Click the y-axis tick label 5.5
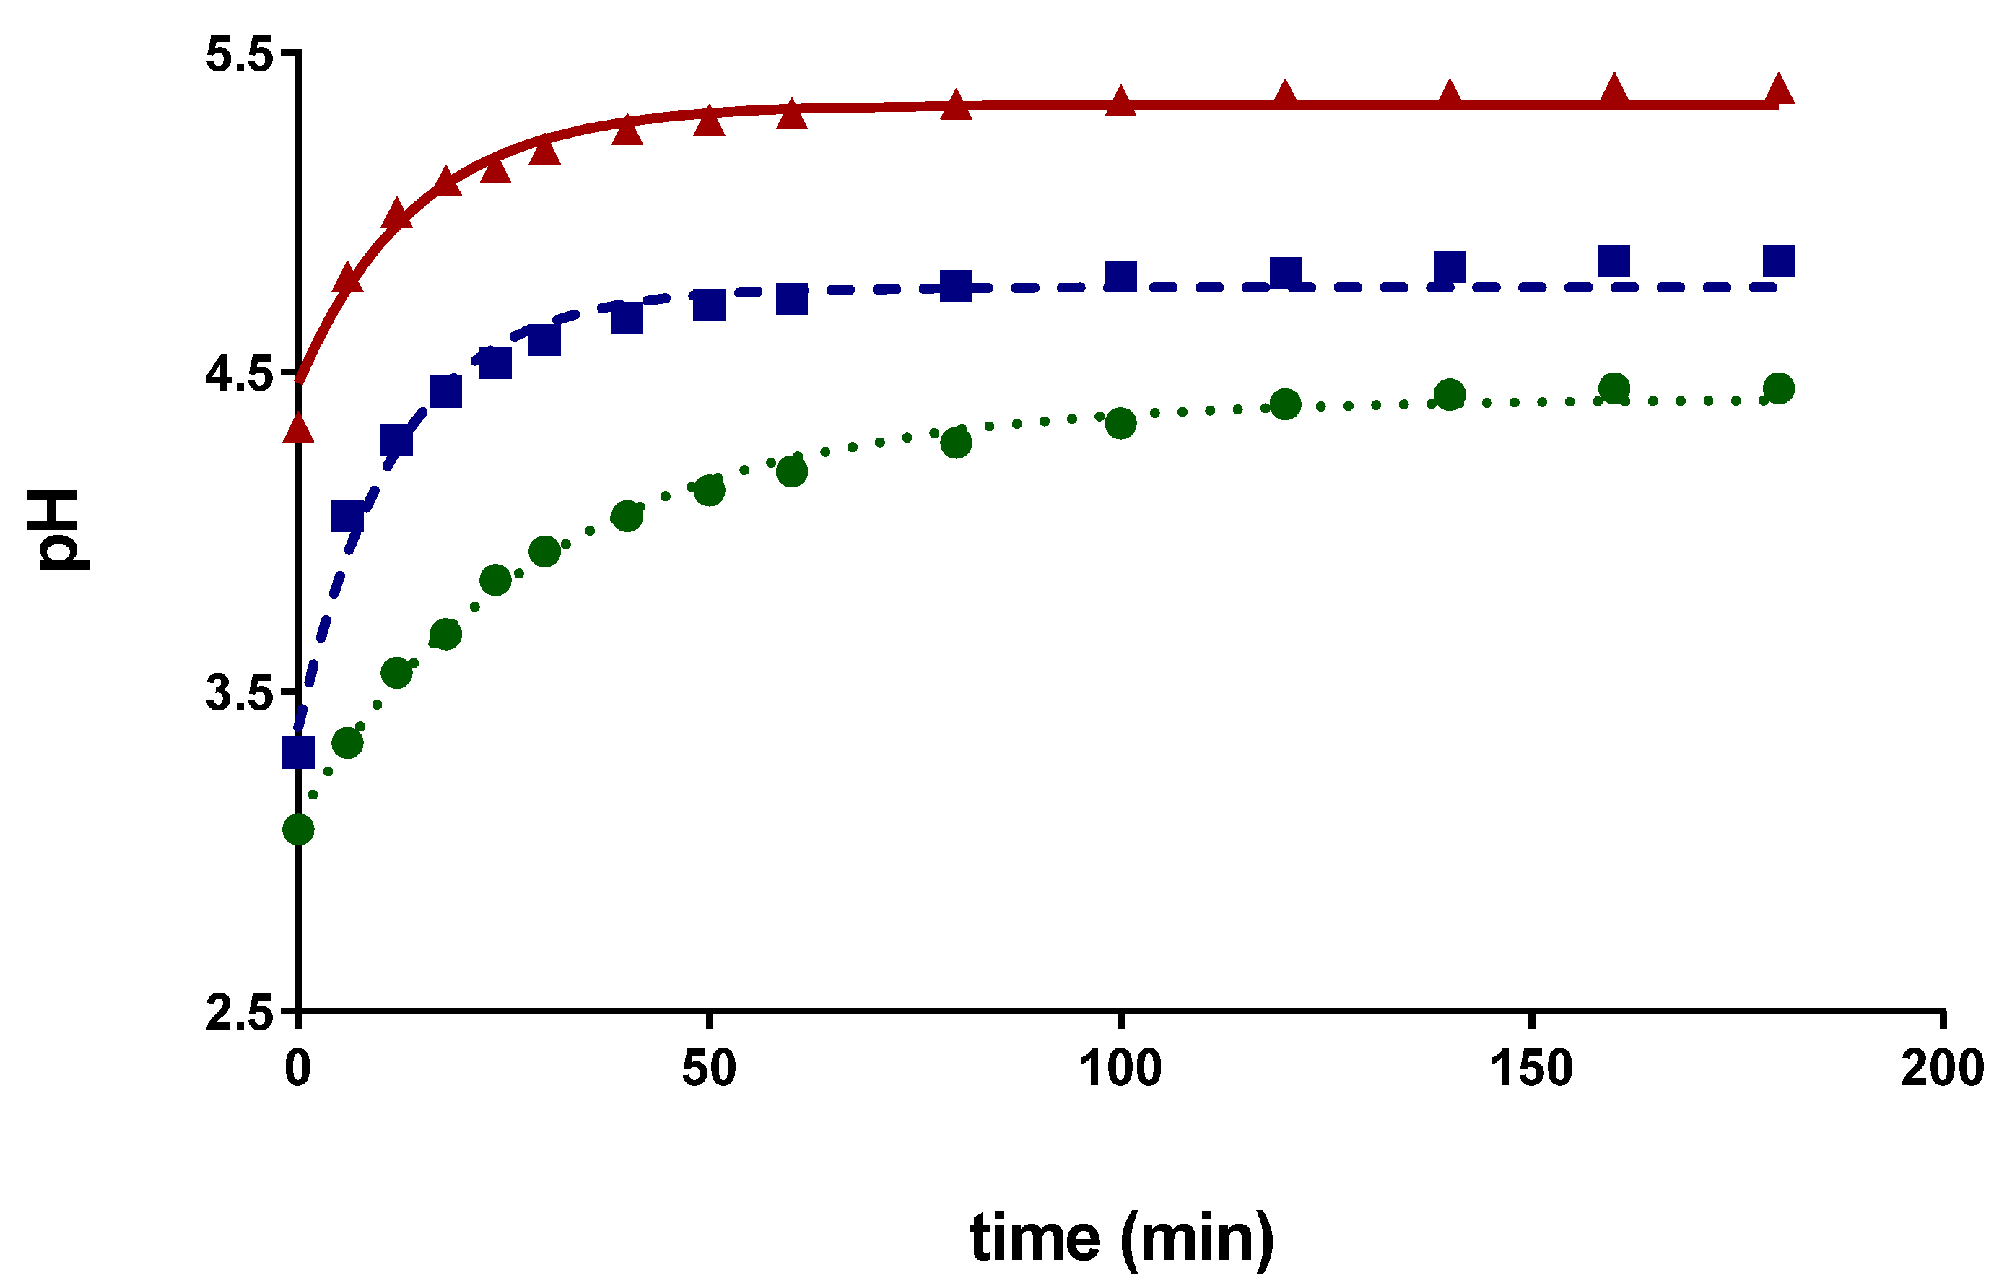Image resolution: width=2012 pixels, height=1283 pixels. pyautogui.click(x=239, y=56)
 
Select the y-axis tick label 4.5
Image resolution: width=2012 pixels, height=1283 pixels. pyautogui.click(x=239, y=375)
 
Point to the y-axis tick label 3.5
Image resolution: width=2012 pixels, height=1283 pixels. pyautogui.click(x=239, y=693)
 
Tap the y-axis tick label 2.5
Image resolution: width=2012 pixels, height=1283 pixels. pyautogui.click(x=239, y=1012)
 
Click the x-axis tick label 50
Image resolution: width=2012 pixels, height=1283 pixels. pyautogui.click(x=708, y=1068)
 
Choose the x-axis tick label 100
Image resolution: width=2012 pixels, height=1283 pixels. pyautogui.click(x=1120, y=1068)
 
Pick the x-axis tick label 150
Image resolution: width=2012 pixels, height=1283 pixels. pyautogui.click(x=1530, y=1068)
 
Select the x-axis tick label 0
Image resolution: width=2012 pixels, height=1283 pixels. pyautogui.click(x=297, y=1068)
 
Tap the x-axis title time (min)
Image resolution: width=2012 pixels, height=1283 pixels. pyautogui.click(x=1121, y=1238)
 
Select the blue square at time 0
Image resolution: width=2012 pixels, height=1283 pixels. pyautogui.click(x=298, y=752)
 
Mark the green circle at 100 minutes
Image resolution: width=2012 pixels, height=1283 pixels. pyautogui.click(x=1120, y=424)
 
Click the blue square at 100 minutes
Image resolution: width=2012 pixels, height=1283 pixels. pyautogui.click(x=1120, y=276)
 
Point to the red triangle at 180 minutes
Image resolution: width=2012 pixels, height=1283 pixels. pyautogui.click(x=1779, y=89)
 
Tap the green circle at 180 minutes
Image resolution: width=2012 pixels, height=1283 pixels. pyautogui.click(x=1779, y=388)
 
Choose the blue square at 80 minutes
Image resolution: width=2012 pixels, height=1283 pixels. pyautogui.click(x=956, y=286)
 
